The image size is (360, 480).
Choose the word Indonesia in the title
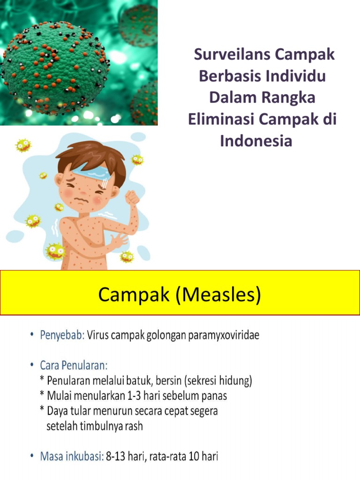pyautogui.click(x=256, y=141)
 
